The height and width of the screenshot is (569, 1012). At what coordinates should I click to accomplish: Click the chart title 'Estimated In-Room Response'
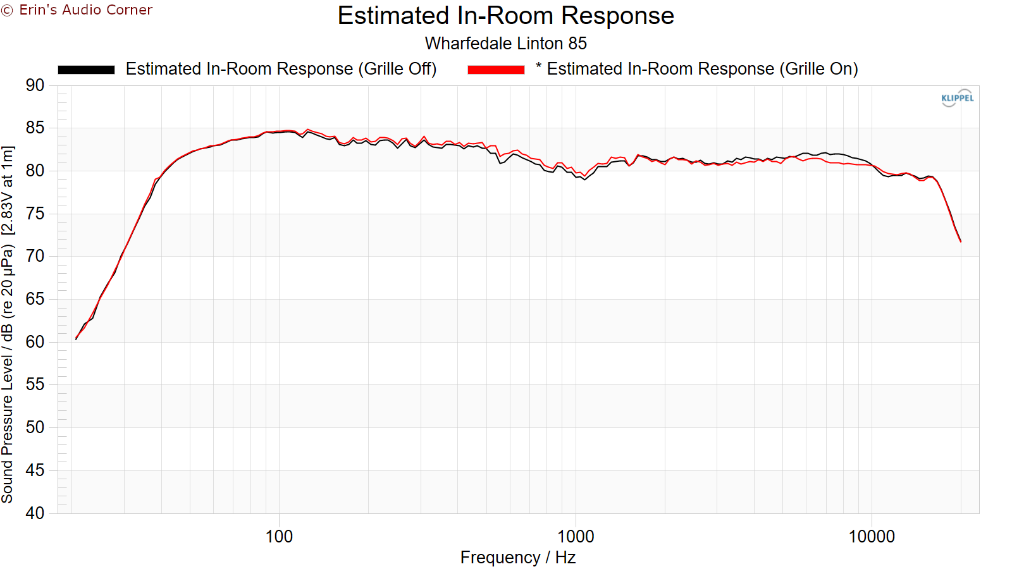(505, 16)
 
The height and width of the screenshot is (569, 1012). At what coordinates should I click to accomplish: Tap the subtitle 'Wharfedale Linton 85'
(505, 44)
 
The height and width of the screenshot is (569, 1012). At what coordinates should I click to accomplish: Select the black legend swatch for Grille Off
(86, 70)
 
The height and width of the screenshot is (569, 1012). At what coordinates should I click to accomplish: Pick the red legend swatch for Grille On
(496, 70)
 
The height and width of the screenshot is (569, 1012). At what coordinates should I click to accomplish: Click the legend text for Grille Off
(281, 69)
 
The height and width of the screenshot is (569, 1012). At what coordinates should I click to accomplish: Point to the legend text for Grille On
(702, 69)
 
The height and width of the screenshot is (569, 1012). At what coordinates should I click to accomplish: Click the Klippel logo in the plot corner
(957, 98)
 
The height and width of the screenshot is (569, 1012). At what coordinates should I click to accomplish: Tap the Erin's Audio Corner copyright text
(77, 10)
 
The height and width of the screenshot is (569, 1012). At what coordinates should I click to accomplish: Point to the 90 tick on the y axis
(35, 85)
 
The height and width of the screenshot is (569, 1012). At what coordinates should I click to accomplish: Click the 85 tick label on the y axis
(35, 128)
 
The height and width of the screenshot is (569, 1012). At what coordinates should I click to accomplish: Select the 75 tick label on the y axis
(35, 214)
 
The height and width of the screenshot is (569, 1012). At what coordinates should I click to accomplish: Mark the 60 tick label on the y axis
(35, 342)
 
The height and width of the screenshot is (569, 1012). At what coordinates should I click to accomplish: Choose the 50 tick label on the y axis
(35, 427)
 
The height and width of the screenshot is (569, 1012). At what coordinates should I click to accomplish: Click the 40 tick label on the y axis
(35, 513)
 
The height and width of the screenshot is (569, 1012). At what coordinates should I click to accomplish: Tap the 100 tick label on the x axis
(279, 537)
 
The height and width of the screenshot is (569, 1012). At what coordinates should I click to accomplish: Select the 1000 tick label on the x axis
(575, 537)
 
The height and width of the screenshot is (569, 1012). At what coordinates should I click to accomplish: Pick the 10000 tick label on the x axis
(871, 537)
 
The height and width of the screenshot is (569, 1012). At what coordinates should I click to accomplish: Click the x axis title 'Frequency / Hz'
(517, 558)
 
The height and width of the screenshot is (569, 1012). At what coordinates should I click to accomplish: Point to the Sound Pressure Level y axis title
(8, 324)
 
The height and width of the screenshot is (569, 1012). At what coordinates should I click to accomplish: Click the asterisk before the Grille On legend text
(538, 66)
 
